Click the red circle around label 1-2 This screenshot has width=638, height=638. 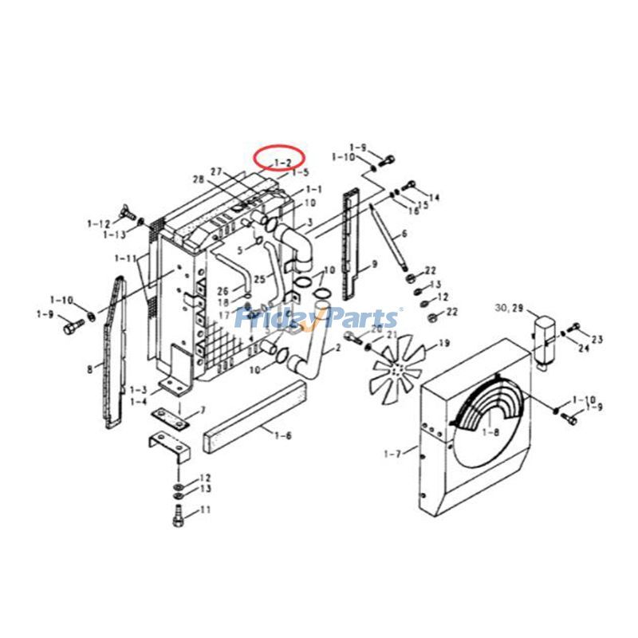[279, 158]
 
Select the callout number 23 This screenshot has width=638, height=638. [597, 339]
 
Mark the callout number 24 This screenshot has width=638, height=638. [585, 348]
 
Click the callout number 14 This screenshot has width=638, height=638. [434, 197]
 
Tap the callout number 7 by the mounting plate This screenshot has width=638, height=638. [203, 411]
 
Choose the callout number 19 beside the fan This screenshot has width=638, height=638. [445, 344]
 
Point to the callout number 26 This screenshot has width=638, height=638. [223, 290]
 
